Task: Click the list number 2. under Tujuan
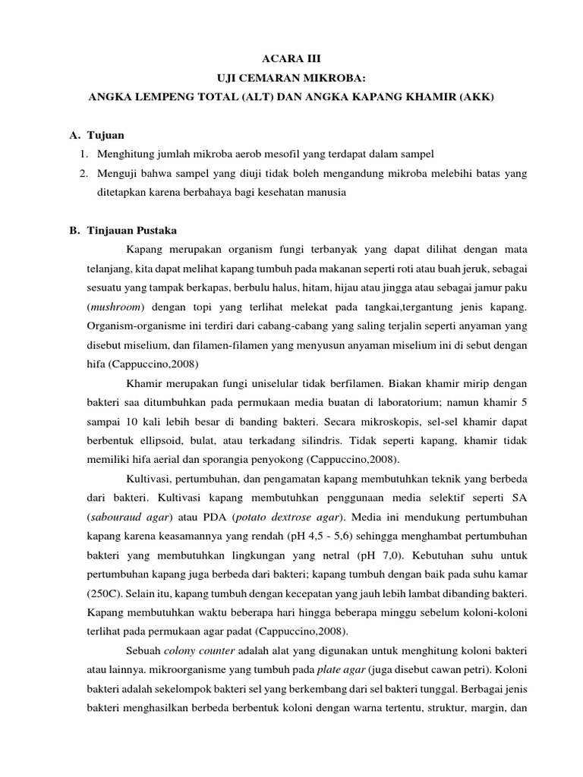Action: click(x=84, y=174)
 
